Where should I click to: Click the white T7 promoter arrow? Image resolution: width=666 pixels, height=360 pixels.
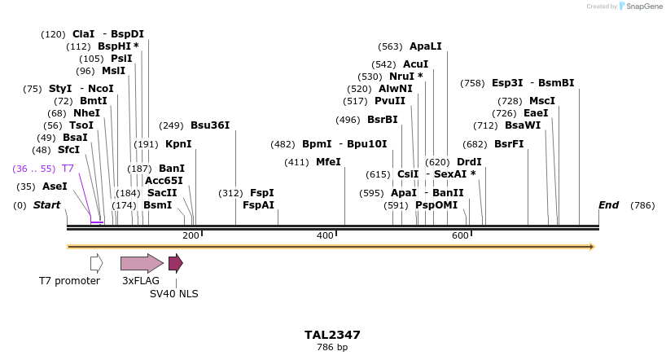96,263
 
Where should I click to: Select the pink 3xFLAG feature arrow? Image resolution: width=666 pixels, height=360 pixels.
141,263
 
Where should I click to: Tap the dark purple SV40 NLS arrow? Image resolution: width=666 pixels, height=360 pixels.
175,263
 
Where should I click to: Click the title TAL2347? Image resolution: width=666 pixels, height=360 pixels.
332,335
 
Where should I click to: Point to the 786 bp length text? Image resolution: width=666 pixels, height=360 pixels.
332,348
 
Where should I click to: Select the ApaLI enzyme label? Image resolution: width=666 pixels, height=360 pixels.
425,46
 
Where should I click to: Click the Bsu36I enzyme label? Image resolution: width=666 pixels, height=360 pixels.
210,125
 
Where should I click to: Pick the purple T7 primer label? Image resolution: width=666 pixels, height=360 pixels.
68,168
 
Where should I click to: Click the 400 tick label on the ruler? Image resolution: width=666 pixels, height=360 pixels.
325,235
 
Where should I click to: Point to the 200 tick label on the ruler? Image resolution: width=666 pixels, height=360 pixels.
191,235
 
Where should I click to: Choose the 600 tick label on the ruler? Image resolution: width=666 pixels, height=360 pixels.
460,235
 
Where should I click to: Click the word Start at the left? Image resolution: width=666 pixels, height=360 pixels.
47,205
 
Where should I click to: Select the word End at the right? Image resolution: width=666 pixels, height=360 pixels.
609,205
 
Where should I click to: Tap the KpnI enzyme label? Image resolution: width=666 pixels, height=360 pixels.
178,144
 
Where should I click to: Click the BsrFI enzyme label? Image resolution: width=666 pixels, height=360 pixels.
509,144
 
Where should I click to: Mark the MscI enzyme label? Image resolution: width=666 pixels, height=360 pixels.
542,101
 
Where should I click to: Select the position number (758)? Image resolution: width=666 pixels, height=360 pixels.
472,83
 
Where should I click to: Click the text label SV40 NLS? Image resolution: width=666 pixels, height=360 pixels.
174,294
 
